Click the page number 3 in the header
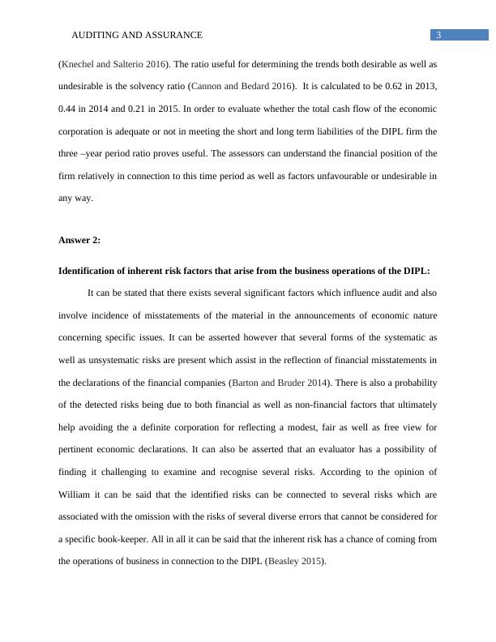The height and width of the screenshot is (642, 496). (x=438, y=35)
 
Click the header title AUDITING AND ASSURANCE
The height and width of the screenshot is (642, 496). (x=137, y=36)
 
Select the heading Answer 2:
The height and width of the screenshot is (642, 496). (x=80, y=240)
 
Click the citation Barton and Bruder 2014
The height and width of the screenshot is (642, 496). (x=277, y=380)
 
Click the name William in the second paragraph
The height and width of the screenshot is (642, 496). (x=78, y=494)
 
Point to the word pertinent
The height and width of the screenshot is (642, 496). (x=79, y=448)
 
